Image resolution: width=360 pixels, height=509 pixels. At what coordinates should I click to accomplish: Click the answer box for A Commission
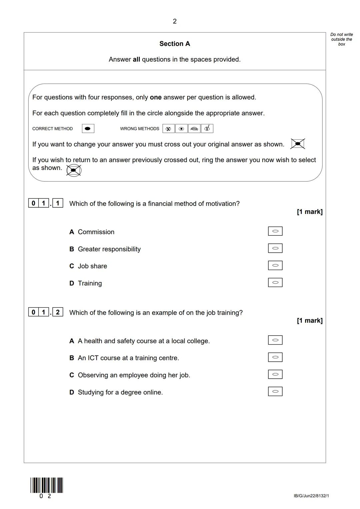(275, 231)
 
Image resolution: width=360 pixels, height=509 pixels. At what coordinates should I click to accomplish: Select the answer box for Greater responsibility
(275, 248)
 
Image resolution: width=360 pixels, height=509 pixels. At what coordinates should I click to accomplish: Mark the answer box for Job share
(275, 265)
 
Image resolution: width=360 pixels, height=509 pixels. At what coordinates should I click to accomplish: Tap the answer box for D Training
(275, 283)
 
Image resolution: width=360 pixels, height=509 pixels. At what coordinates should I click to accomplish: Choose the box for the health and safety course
(275, 340)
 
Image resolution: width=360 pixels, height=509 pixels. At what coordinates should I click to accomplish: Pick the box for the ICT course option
(275, 357)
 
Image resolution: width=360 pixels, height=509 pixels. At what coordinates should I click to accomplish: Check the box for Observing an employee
(275, 374)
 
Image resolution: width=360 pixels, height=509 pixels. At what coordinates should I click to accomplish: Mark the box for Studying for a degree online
(275, 391)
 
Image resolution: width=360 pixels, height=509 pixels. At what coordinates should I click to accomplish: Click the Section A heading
(175, 44)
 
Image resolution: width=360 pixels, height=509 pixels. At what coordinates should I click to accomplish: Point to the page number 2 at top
(175, 21)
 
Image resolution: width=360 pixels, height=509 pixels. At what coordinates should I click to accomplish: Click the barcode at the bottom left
(47, 485)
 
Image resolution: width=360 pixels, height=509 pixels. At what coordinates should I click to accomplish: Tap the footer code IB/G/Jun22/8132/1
(311, 496)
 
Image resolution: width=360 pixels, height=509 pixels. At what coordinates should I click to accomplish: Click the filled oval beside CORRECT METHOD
(88, 129)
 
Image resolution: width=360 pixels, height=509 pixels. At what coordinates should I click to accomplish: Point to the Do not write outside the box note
(341, 39)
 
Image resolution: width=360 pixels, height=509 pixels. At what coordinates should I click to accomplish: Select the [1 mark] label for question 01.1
(310, 212)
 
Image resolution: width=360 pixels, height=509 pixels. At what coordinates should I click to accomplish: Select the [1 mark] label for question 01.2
(310, 321)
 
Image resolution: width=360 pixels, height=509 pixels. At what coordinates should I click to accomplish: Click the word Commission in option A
(96, 232)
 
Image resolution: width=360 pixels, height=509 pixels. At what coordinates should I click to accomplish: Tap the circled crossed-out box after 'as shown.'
(74, 170)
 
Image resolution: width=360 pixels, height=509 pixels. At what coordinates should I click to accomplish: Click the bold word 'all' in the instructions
(136, 60)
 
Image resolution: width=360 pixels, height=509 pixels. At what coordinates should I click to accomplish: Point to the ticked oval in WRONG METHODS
(207, 129)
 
